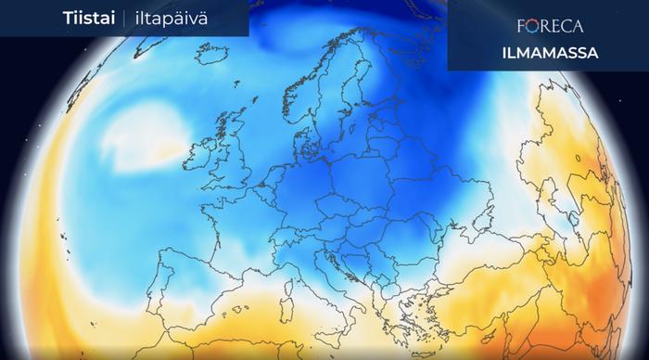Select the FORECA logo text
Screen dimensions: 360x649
point(525,26)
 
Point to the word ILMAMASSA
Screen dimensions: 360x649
point(525,53)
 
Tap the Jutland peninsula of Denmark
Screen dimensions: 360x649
point(303,139)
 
